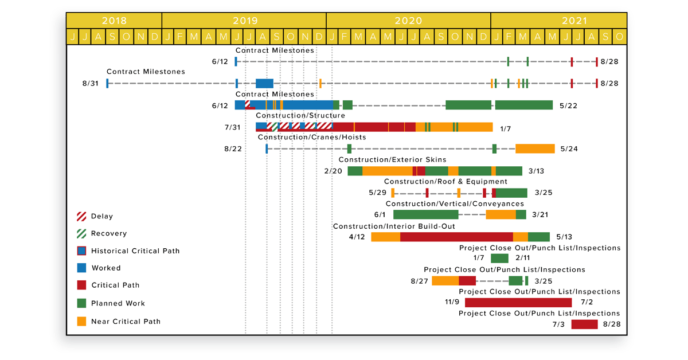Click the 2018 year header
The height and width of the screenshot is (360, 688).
click(x=114, y=21)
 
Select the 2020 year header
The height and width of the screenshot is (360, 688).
click(x=408, y=21)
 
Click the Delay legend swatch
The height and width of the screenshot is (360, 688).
click(x=81, y=217)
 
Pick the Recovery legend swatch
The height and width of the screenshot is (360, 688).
click(x=81, y=234)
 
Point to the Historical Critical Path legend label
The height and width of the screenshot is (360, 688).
click(x=135, y=251)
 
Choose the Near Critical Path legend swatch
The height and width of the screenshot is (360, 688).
click(x=81, y=322)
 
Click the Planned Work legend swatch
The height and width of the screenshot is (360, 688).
click(x=81, y=303)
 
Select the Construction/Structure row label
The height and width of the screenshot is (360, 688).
click(x=300, y=116)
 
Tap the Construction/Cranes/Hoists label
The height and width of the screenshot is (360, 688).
click(x=312, y=138)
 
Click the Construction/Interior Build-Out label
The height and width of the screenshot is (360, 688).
click(x=394, y=226)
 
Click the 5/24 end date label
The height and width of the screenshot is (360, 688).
click(x=569, y=149)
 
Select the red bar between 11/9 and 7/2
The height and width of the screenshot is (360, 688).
click(x=518, y=303)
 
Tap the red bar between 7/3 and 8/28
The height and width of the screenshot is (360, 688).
click(x=584, y=324)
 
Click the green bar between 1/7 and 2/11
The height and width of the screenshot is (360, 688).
click(x=499, y=259)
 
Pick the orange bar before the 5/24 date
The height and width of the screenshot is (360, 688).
click(x=535, y=149)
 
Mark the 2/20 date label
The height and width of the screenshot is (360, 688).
click(x=333, y=171)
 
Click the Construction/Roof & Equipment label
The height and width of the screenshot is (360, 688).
click(x=437, y=182)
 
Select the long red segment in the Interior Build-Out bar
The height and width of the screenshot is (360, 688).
click(x=456, y=237)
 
